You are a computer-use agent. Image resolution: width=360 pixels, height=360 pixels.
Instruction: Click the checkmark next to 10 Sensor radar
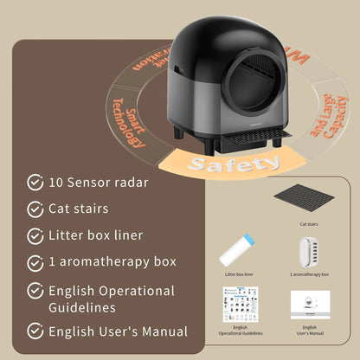35,183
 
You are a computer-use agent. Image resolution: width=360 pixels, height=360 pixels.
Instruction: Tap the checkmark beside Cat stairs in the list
35,209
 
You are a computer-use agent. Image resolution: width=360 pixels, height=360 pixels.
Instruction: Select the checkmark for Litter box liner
35,235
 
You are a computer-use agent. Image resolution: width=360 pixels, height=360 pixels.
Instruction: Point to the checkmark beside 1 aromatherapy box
35,262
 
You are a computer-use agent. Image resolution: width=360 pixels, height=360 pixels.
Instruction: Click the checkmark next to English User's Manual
35,331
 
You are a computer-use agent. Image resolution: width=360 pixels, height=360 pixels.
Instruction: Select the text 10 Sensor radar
99,183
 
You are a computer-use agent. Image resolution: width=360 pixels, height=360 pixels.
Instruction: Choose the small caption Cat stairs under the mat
309,223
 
